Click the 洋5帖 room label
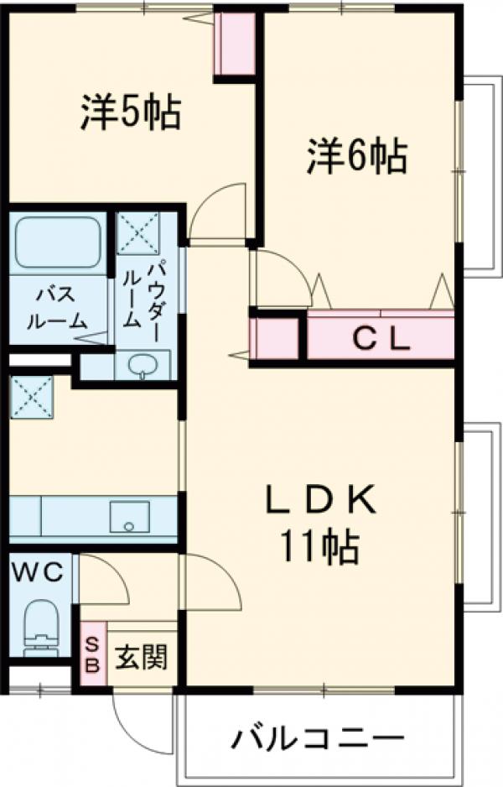point(131,112)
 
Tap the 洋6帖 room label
point(356,155)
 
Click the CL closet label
point(380,339)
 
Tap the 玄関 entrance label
point(140,657)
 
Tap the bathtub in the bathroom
point(58,244)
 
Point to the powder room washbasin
point(142,365)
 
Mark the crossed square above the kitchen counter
point(31,396)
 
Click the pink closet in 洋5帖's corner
point(234,44)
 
